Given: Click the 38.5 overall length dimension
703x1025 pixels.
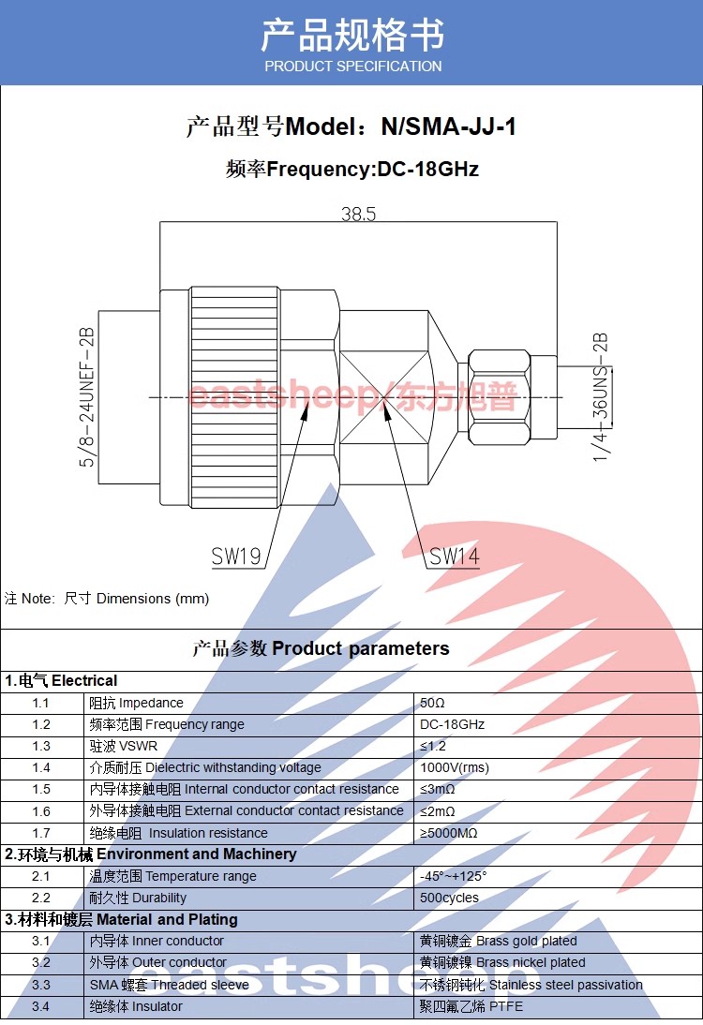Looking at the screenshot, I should click(x=358, y=215).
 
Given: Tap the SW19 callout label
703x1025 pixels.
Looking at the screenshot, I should click(x=235, y=557).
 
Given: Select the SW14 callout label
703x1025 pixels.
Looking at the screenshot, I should click(x=455, y=557).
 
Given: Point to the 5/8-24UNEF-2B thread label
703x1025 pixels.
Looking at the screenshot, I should click(x=87, y=397).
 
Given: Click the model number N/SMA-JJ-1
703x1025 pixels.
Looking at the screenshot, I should click(x=448, y=126).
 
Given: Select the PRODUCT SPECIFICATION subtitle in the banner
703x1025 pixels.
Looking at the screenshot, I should click(x=352, y=67).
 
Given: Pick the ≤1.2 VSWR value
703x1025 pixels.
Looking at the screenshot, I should click(x=433, y=746).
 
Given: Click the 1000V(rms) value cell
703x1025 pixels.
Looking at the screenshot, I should click(x=455, y=767).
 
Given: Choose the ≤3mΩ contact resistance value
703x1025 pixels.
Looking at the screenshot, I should click(x=437, y=789).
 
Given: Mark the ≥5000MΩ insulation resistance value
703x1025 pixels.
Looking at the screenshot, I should click(x=448, y=833).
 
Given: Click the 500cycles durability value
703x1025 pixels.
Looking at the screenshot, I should click(x=449, y=898).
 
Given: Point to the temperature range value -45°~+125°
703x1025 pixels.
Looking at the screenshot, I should click(x=454, y=876).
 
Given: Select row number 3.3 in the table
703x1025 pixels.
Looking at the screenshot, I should click(x=41, y=985).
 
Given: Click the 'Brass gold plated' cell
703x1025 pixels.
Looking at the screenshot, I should click(x=499, y=941).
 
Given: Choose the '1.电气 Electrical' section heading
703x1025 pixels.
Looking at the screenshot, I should click(x=62, y=680).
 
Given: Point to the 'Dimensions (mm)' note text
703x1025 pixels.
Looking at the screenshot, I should click(x=152, y=598).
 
